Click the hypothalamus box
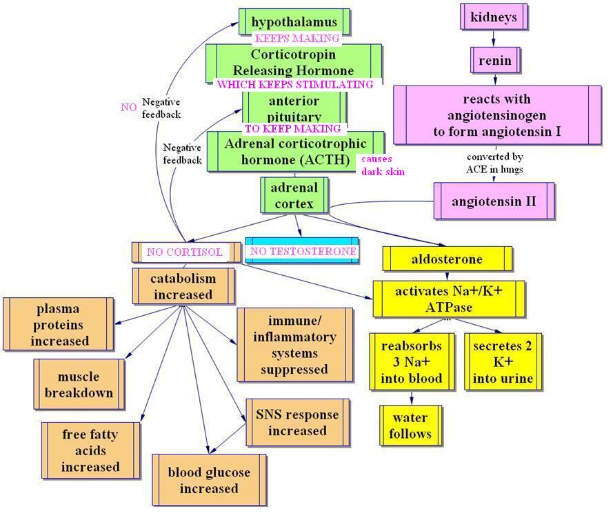click(x=294, y=21)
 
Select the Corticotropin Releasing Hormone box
click(x=294, y=62)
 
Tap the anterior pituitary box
click(x=294, y=108)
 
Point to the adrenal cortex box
click(x=294, y=195)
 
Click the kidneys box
click(x=494, y=17)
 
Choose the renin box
click(x=494, y=60)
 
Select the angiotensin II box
click(x=494, y=201)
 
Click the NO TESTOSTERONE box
click(x=303, y=251)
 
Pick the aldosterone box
click(x=447, y=259)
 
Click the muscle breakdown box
click(x=79, y=385)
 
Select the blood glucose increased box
click(x=208, y=481)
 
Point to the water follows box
click(x=410, y=426)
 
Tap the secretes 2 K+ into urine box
click(x=503, y=362)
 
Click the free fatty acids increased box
click(x=90, y=451)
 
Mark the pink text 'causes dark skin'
click(x=383, y=165)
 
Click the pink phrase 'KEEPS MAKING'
click(x=297, y=39)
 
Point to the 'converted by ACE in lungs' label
click(x=494, y=163)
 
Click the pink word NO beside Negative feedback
click(x=128, y=107)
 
